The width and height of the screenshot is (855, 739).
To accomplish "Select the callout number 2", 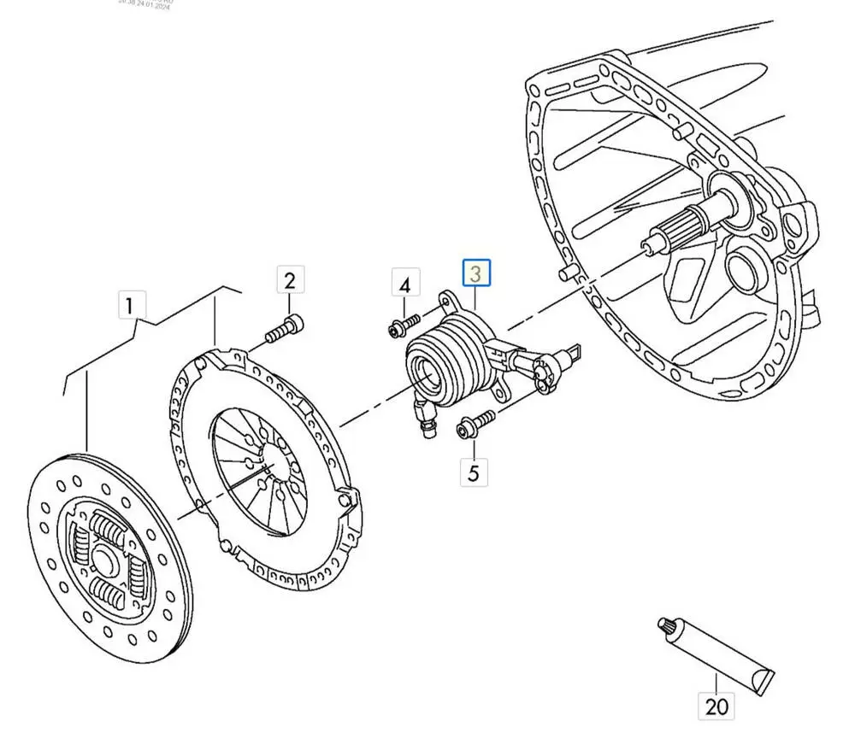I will click(x=289, y=280).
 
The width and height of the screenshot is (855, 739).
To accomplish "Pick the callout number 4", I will click(x=405, y=284).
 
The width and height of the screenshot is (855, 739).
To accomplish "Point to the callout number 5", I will click(x=474, y=471).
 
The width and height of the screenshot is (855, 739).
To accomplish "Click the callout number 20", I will click(x=716, y=706).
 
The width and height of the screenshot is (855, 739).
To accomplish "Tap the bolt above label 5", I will click(x=475, y=422).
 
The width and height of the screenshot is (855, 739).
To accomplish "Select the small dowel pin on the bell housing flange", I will click(x=565, y=273).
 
